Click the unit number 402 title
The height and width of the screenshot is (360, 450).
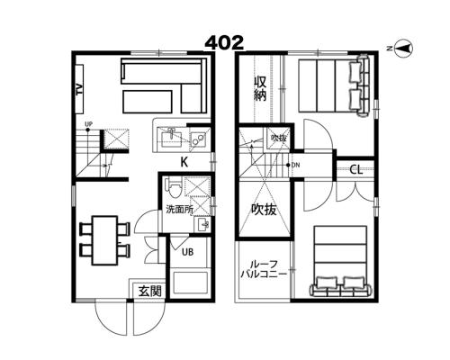[224, 43]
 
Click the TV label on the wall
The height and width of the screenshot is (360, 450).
[79, 90]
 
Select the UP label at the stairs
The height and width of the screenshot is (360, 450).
[88, 124]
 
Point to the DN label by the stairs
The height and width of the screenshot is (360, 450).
[295, 165]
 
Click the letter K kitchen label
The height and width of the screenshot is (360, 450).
[184, 162]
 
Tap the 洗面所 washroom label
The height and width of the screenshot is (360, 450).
[179, 210]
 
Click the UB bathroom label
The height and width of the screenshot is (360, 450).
[187, 252]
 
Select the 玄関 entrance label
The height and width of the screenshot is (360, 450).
[149, 291]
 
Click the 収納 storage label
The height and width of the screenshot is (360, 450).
[260, 89]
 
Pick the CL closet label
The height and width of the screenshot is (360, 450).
[356, 170]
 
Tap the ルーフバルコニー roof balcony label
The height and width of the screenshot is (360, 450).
[264, 269]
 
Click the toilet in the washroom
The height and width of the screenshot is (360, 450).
[174, 187]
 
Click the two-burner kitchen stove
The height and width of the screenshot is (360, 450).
[198, 139]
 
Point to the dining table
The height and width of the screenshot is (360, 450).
[104, 240]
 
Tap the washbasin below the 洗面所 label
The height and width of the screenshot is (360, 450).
[202, 224]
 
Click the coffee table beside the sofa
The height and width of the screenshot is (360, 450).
[148, 102]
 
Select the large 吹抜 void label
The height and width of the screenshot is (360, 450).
[264, 210]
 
